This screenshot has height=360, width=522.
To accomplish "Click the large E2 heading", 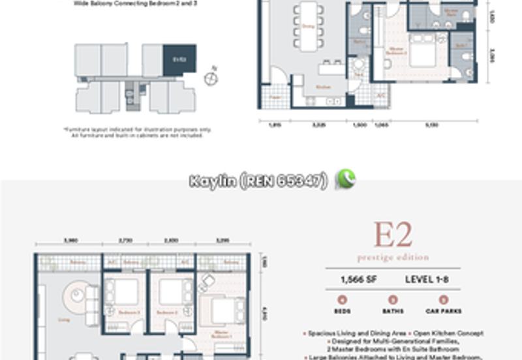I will [x=393, y=235].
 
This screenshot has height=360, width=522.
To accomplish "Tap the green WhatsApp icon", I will [x=345, y=179].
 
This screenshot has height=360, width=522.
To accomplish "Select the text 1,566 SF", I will [x=356, y=280].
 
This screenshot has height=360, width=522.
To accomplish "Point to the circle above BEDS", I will [x=342, y=301].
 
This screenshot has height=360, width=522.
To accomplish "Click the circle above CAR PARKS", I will [x=444, y=301].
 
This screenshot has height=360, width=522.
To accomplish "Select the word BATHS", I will [x=393, y=312].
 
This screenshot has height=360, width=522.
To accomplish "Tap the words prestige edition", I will [x=393, y=257].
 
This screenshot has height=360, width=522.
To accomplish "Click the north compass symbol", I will [x=211, y=78].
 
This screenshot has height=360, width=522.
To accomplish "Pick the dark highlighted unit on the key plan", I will [x=179, y=59].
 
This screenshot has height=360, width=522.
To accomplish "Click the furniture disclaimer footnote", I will [x=137, y=132].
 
